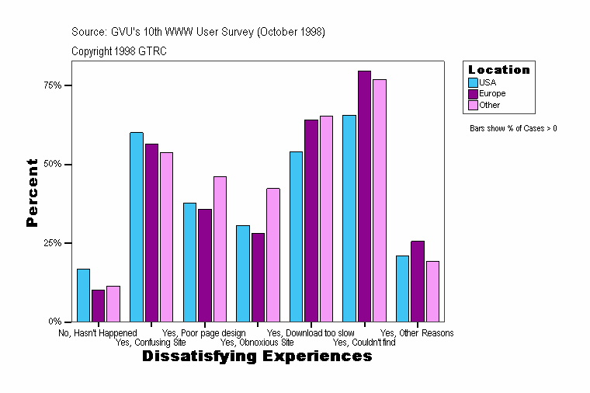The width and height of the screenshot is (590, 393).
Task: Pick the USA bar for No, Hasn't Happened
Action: point(83,295)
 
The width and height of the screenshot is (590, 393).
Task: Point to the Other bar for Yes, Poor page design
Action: point(220,249)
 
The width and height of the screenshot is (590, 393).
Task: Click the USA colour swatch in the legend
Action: point(473,82)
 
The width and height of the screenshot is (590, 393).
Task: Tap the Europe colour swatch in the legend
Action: point(473,93)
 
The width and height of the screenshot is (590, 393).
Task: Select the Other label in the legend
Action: point(490,105)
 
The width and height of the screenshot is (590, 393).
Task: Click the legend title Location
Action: point(499,70)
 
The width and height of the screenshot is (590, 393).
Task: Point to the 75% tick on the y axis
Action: point(68,85)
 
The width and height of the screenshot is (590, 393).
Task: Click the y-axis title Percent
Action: point(32,193)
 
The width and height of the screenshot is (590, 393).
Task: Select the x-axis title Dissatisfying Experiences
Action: point(257,356)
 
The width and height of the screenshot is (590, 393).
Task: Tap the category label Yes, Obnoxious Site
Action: point(257,342)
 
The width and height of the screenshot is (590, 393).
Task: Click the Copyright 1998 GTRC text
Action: point(119,51)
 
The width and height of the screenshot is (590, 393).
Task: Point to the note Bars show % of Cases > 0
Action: point(513,128)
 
